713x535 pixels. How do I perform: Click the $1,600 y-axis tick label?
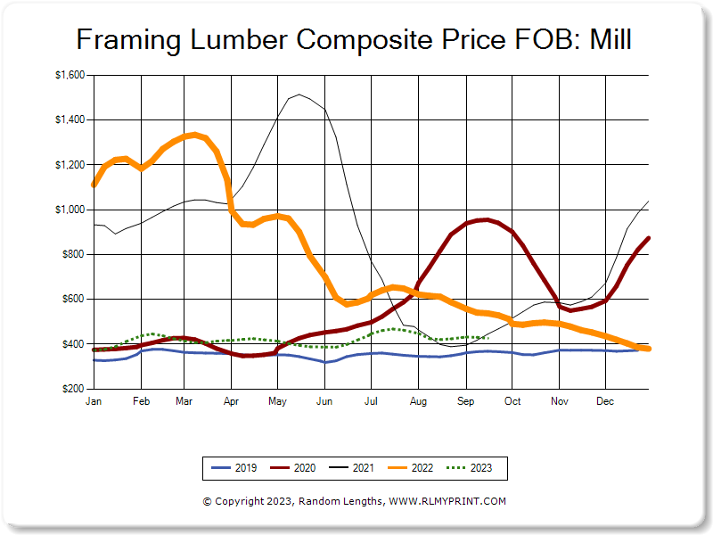pyautogui.click(x=70, y=75)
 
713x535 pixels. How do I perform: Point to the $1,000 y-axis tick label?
pyautogui.click(x=70, y=210)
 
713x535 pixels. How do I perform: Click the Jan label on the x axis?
pyautogui.click(x=93, y=402)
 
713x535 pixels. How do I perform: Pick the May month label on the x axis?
pyautogui.click(x=276, y=402)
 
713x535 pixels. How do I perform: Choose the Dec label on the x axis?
pyautogui.click(x=604, y=402)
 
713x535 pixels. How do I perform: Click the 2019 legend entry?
pyautogui.click(x=234, y=467)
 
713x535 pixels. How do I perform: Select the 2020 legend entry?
pyautogui.click(x=293, y=467)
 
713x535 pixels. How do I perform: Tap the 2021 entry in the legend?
pyautogui.click(x=353, y=467)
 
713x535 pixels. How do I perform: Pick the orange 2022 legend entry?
pyautogui.click(x=412, y=467)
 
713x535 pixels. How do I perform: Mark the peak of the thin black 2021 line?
pyautogui.click(x=299, y=94)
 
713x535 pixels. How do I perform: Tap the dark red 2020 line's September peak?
pyautogui.click(x=484, y=219)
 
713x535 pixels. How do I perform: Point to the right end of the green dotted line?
pyautogui.click(x=488, y=337)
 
